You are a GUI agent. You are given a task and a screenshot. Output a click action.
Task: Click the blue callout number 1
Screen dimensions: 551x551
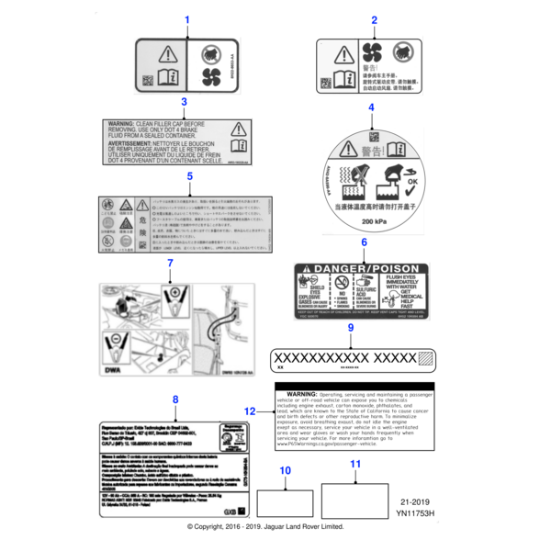click(187, 19)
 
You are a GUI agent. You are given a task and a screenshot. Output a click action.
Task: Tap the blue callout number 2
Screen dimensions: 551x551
click(374, 19)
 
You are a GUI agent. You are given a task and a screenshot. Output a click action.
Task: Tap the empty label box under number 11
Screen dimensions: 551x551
click(355, 501)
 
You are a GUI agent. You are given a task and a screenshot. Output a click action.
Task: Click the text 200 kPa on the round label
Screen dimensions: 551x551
click(374, 223)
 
